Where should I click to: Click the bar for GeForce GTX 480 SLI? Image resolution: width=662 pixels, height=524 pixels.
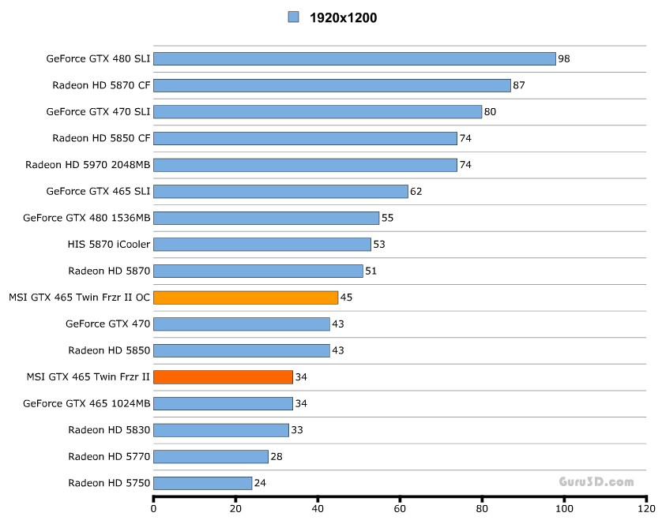[354, 58]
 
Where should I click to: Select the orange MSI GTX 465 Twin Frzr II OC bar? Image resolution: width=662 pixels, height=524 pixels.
[246, 298]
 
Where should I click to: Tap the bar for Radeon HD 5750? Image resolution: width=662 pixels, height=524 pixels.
[202, 483]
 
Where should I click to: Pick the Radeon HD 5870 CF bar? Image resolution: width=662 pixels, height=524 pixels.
[332, 85]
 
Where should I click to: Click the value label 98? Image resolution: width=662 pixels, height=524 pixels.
[564, 58]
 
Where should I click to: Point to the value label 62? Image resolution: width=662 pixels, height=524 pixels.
[416, 191]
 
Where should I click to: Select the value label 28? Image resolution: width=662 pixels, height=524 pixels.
[276, 456]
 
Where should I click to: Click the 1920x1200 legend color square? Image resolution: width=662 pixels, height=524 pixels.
[294, 17]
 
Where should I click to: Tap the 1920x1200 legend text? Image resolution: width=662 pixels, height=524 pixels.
[343, 17]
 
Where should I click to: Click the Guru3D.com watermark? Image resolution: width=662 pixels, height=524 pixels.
[596, 481]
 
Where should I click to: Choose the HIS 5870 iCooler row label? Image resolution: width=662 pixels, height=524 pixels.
[109, 244]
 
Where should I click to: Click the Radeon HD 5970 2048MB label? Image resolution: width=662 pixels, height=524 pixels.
[88, 165]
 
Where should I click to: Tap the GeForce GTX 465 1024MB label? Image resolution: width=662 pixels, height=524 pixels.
[87, 403]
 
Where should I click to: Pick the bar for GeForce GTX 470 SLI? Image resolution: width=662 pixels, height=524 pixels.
[318, 111]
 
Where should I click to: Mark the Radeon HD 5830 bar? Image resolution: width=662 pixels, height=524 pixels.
[220, 430]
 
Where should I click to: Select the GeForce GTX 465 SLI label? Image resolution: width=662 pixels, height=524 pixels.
[99, 191]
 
